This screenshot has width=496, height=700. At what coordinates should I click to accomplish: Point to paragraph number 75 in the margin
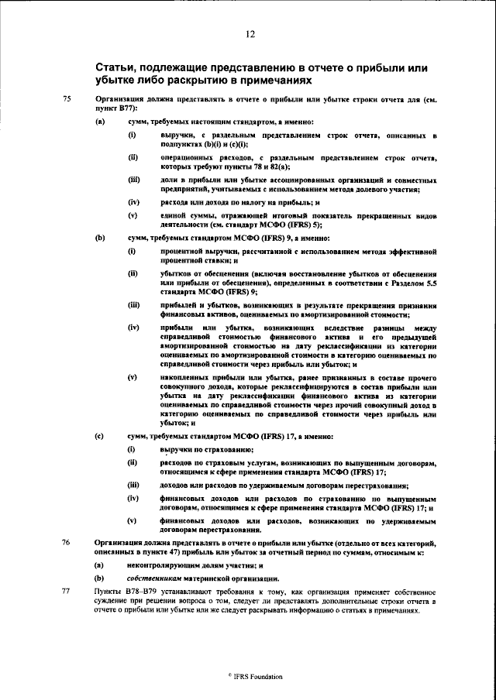click(67, 99)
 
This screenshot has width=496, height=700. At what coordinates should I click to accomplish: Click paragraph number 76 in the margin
click(67, 544)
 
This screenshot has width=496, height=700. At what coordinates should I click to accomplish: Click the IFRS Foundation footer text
click(250, 676)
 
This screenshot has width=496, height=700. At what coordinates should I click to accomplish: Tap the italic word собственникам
click(153, 578)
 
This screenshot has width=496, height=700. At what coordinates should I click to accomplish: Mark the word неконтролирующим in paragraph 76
click(165, 566)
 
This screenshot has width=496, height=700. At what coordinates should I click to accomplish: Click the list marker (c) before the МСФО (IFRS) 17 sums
click(100, 436)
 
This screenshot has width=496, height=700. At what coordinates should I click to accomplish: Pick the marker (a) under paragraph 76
click(100, 566)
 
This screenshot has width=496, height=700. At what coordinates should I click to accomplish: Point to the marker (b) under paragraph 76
click(100, 578)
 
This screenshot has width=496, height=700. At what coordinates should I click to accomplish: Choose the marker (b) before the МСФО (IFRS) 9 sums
click(100, 237)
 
